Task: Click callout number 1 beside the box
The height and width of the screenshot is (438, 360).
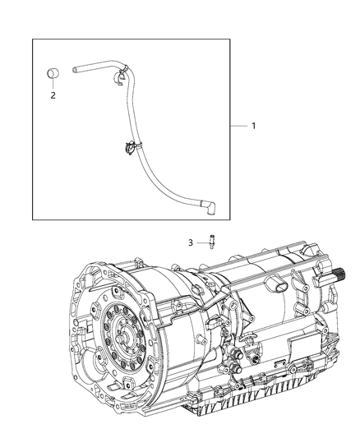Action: (x=253, y=126)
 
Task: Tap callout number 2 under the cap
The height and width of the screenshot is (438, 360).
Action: (x=53, y=95)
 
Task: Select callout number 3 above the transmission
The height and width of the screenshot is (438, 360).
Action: (x=191, y=242)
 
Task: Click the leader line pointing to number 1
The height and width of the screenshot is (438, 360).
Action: (x=238, y=126)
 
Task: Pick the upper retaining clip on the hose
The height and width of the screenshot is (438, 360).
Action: (x=122, y=77)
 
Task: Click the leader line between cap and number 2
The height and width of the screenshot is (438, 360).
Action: (x=53, y=85)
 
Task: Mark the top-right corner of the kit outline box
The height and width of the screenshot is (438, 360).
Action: (x=230, y=39)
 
